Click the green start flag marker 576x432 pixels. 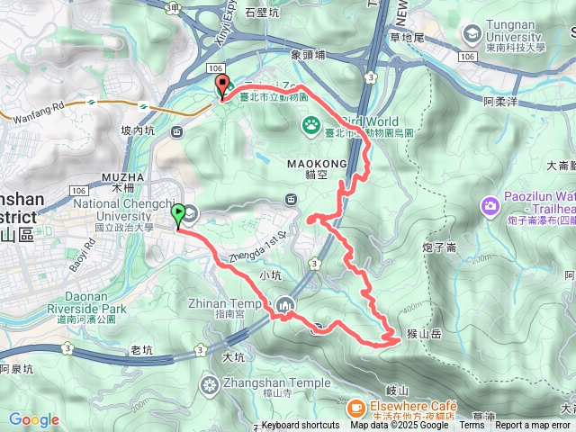tap(178, 215)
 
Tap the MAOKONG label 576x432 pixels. tap(311, 165)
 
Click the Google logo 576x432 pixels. tap(34, 419)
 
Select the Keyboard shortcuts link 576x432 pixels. tap(301, 426)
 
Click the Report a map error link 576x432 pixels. tap(533, 426)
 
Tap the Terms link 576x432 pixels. tap(472, 426)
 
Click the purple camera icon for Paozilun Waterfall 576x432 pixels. tap(490, 206)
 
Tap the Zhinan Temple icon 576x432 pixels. tap(284, 305)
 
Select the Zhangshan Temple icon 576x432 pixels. tap(210, 386)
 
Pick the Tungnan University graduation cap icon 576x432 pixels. tap(472, 34)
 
